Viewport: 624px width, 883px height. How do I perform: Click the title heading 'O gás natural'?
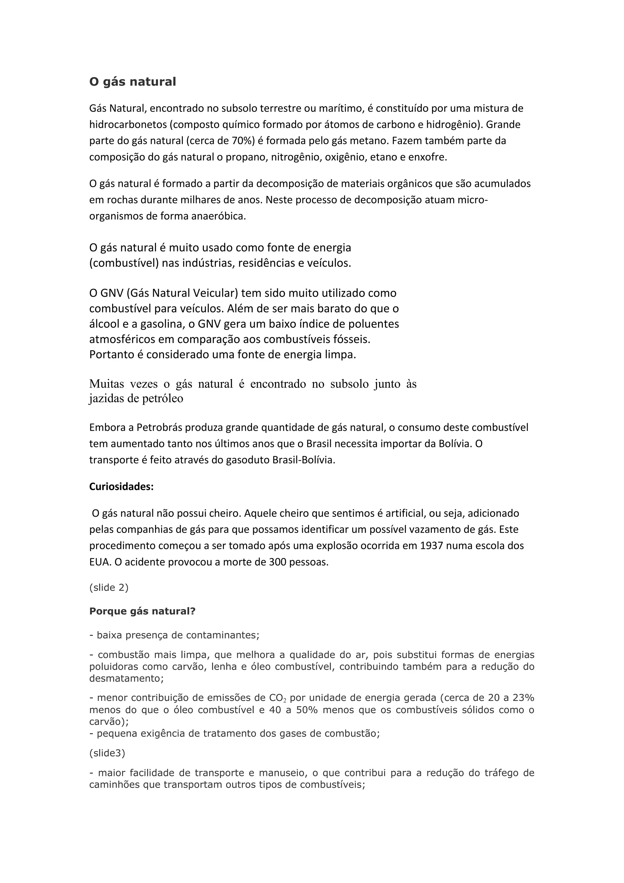[x=133, y=82]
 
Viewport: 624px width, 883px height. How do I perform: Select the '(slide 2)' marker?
[x=109, y=588]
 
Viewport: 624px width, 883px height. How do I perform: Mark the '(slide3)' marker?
[x=107, y=753]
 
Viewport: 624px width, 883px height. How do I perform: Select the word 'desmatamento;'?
[x=126, y=678]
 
